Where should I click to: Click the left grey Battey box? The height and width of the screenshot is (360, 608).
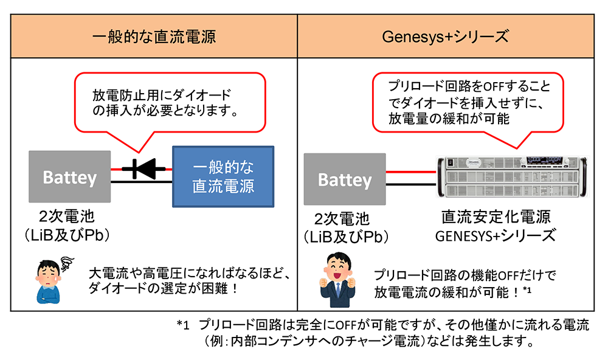click(69, 177)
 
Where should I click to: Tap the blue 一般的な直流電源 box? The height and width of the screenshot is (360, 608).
click(223, 176)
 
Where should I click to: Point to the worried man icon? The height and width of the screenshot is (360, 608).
click(52, 280)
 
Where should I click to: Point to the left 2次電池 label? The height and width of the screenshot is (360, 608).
click(69, 217)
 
